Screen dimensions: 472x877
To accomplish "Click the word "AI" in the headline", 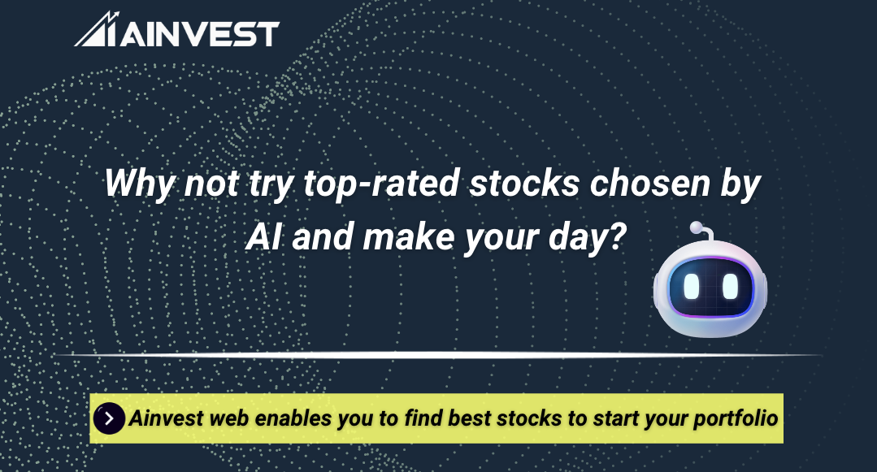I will point(263,237).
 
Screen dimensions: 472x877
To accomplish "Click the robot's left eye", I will point(692,286).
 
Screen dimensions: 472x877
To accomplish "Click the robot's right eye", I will point(730,286).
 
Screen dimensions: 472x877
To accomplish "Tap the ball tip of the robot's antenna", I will point(695,227).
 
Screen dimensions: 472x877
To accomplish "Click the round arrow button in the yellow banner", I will point(110,419).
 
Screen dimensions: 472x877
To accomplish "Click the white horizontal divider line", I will point(438,355).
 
